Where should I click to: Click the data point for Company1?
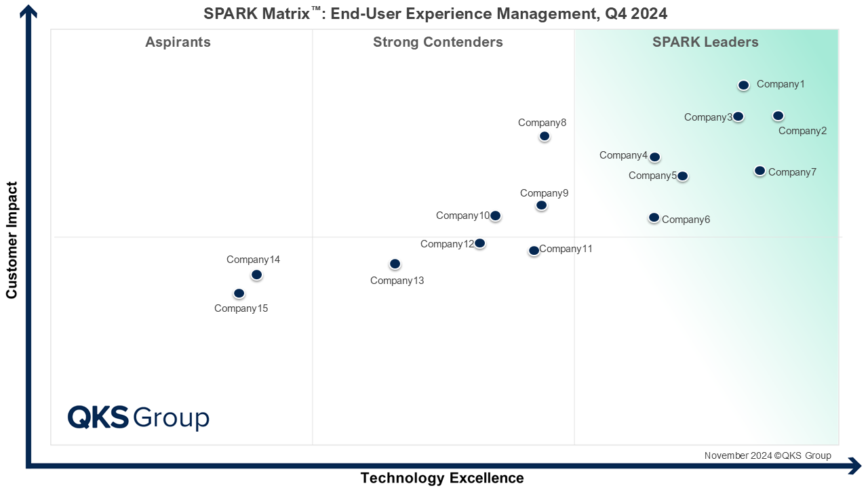point(743,85)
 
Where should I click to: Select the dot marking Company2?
point(778,116)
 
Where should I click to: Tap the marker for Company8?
point(544,136)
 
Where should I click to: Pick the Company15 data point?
point(239,293)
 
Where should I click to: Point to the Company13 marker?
point(395,264)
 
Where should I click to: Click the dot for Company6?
point(654,218)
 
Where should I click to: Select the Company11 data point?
point(534,251)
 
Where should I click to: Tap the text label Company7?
point(792,172)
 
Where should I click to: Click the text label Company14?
point(253,259)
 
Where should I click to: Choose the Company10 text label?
point(462,216)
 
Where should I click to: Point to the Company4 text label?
point(623,155)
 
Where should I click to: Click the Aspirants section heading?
point(178,42)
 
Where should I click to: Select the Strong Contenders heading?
point(437,42)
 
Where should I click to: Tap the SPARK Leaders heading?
point(705,42)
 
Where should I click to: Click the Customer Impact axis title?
point(12,239)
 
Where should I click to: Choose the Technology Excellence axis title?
point(441,478)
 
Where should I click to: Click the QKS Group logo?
point(138,417)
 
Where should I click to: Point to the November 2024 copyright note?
point(767,455)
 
